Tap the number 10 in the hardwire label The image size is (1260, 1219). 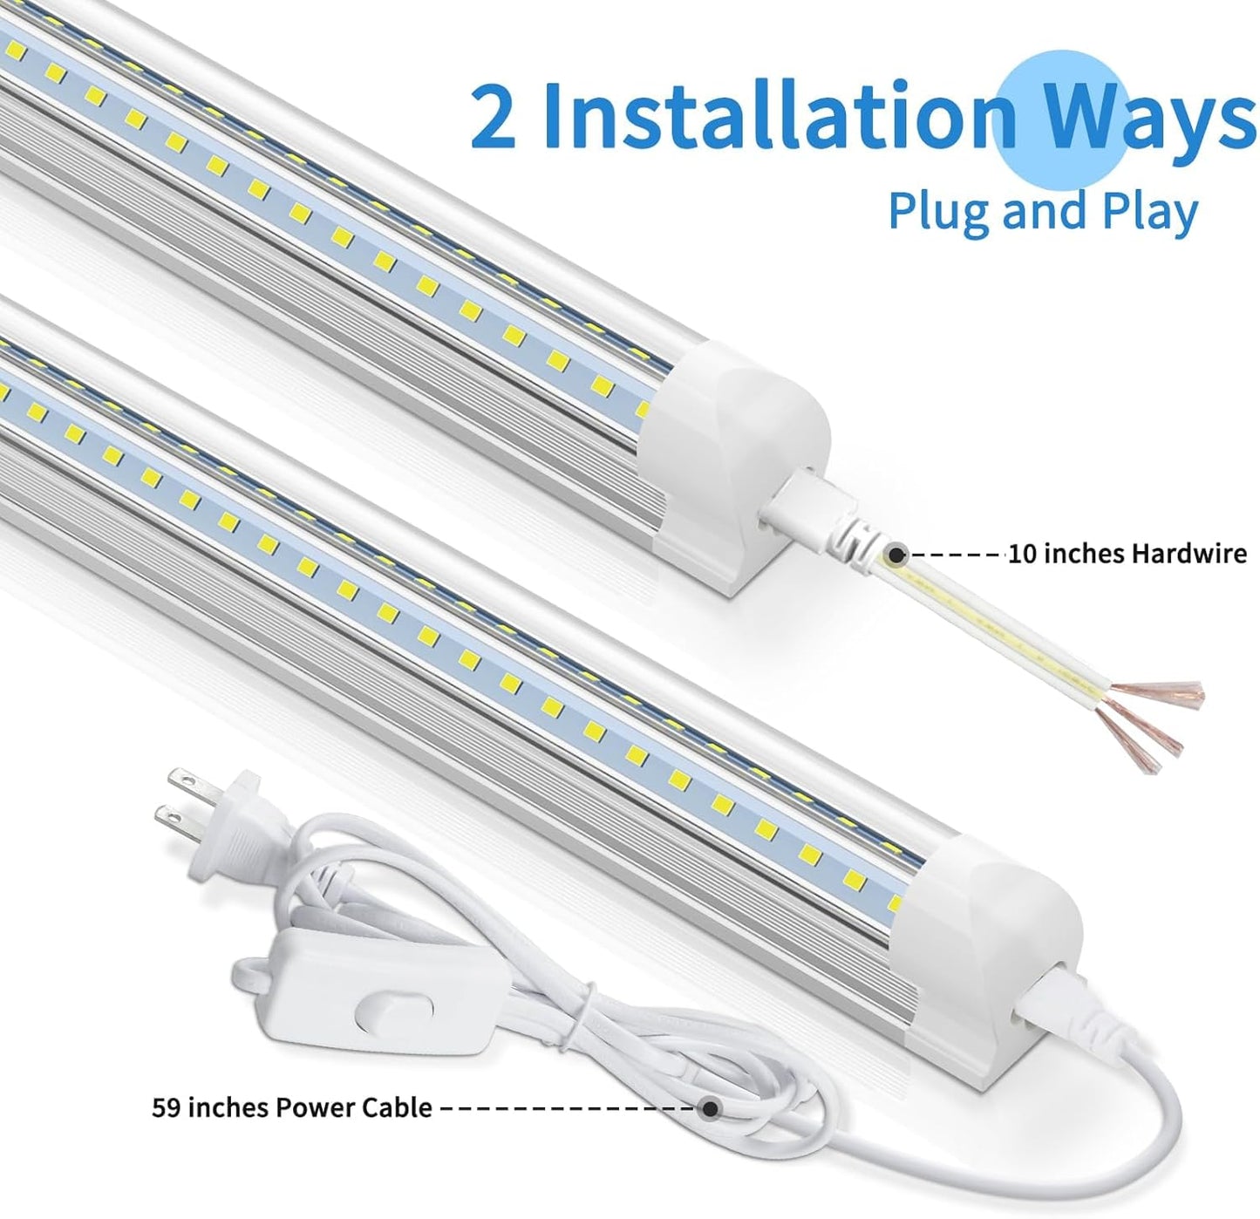(1022, 554)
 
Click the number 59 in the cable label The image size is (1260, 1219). (167, 1107)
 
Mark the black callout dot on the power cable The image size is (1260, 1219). (711, 1108)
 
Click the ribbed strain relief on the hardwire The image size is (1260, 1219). (850, 546)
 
